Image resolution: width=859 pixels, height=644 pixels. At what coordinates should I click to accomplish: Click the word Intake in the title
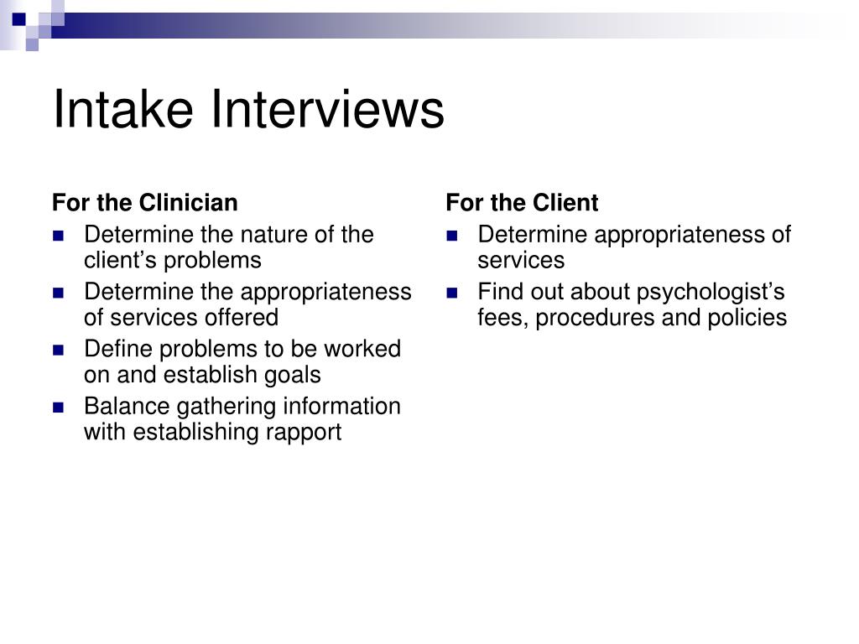(124, 109)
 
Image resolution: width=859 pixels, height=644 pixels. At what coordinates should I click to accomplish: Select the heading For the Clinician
(145, 203)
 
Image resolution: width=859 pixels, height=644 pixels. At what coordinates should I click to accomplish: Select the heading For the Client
(522, 203)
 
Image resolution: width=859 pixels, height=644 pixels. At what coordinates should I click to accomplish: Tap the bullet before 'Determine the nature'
(58, 236)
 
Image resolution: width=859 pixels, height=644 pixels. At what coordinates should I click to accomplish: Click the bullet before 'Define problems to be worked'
(58, 350)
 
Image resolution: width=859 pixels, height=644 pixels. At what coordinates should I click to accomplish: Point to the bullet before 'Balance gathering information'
(58, 408)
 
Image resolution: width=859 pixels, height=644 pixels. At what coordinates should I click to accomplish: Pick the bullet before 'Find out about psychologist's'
(452, 293)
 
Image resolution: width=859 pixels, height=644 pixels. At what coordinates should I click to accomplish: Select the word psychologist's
(711, 292)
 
